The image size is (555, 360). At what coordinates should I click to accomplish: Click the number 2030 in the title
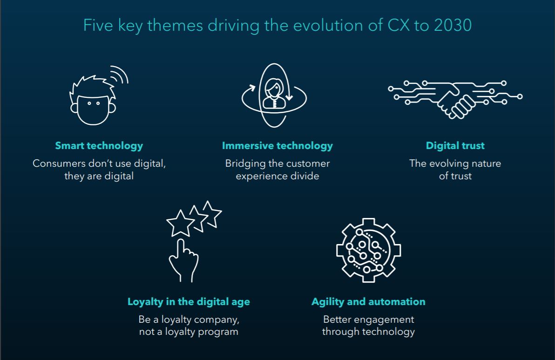pyautogui.click(x=453, y=26)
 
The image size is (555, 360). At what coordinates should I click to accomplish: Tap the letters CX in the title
pyautogui.click(x=399, y=26)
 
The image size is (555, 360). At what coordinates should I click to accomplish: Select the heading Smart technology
pyautogui.click(x=99, y=146)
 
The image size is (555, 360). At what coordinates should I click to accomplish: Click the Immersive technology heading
pyautogui.click(x=277, y=146)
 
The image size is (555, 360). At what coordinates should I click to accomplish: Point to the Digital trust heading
pyautogui.click(x=455, y=145)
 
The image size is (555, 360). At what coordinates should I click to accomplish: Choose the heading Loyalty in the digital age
pyautogui.click(x=189, y=302)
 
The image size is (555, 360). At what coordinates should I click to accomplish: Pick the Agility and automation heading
pyautogui.click(x=368, y=302)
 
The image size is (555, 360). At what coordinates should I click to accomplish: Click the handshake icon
pyautogui.click(x=455, y=100)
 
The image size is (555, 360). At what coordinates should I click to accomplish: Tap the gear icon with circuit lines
pyautogui.click(x=368, y=250)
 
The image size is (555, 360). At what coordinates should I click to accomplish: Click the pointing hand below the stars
pyautogui.click(x=183, y=261)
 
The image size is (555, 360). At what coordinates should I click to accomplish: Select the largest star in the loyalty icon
pyautogui.click(x=180, y=224)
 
